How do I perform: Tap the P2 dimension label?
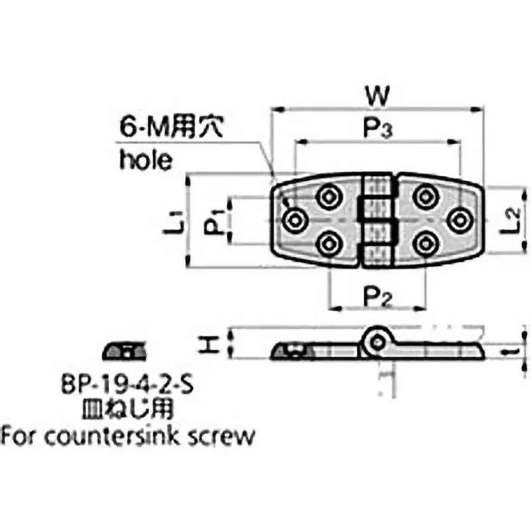tap(377, 296)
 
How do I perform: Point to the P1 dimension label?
tap(213, 221)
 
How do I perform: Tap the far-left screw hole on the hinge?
tap(293, 219)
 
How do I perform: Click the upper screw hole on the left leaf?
tap(327, 196)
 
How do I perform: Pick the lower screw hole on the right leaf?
tap(424, 244)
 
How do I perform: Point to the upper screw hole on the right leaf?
tap(424, 196)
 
